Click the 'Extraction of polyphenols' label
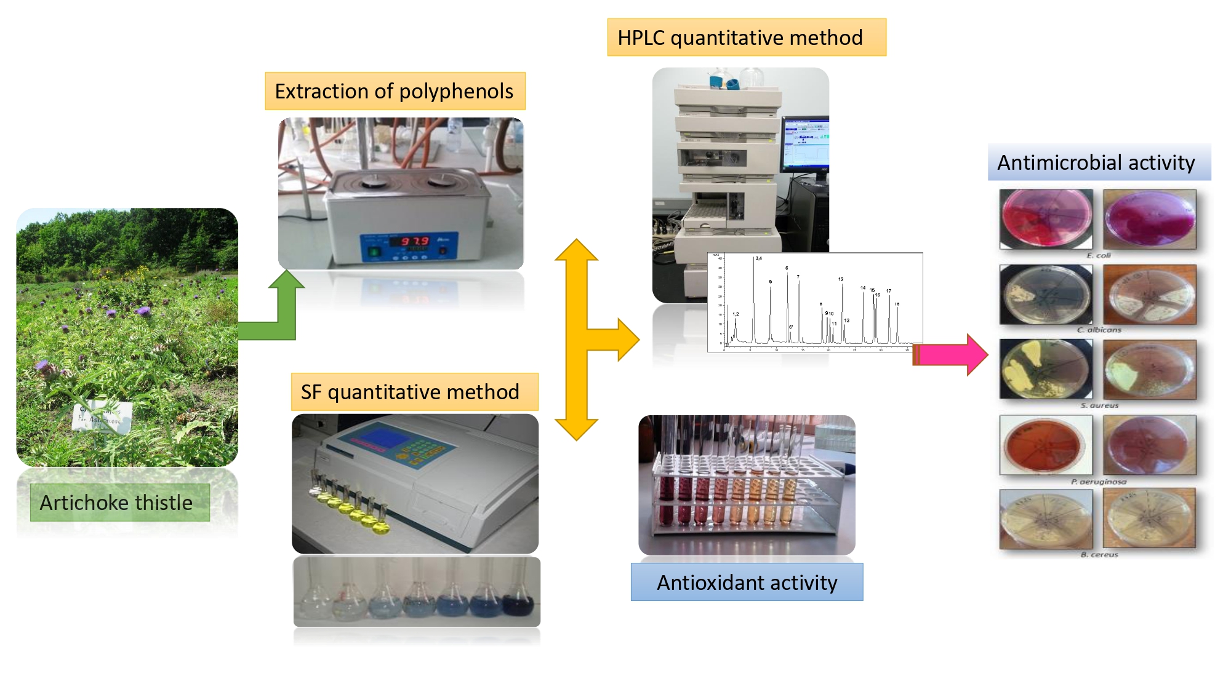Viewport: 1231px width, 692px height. [x=395, y=91]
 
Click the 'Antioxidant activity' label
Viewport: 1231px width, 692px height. [x=747, y=582]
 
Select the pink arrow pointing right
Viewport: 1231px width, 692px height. [x=951, y=354]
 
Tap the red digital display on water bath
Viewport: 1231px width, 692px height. [x=414, y=241]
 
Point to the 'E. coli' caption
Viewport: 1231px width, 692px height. [x=1099, y=255]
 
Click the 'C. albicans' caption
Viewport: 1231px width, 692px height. [x=1099, y=330]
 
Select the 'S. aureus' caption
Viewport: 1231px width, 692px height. [x=1099, y=405]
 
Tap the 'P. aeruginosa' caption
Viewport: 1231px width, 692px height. [x=1099, y=482]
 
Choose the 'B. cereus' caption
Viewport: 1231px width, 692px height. [x=1099, y=554]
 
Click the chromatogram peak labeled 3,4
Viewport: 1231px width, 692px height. [x=754, y=295]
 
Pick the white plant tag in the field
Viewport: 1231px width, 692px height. [x=102, y=416]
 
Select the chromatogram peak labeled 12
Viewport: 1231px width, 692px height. [x=843, y=308]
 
